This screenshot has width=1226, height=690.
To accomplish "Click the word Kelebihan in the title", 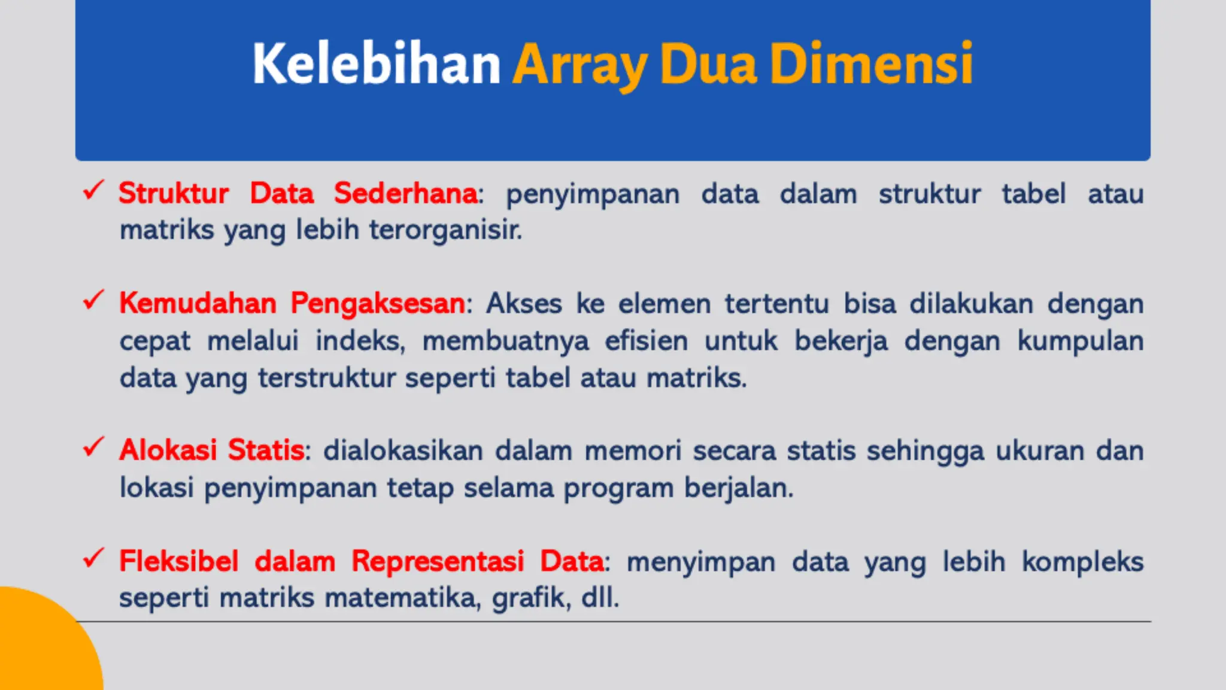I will [376, 64].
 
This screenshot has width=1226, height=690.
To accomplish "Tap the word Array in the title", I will [579, 64].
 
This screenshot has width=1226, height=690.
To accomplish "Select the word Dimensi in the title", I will [871, 64].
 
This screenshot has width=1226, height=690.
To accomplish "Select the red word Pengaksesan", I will [378, 303].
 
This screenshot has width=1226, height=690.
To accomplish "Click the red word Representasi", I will [438, 562].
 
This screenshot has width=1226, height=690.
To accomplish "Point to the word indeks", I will [360, 341].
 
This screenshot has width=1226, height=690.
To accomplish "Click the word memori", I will [633, 450].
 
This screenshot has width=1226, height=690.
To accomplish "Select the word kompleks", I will [1082, 562].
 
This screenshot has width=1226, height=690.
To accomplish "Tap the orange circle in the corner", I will [42, 647].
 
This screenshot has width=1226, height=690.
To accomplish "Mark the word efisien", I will [647, 341].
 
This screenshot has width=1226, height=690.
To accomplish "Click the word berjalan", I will [739, 488].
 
